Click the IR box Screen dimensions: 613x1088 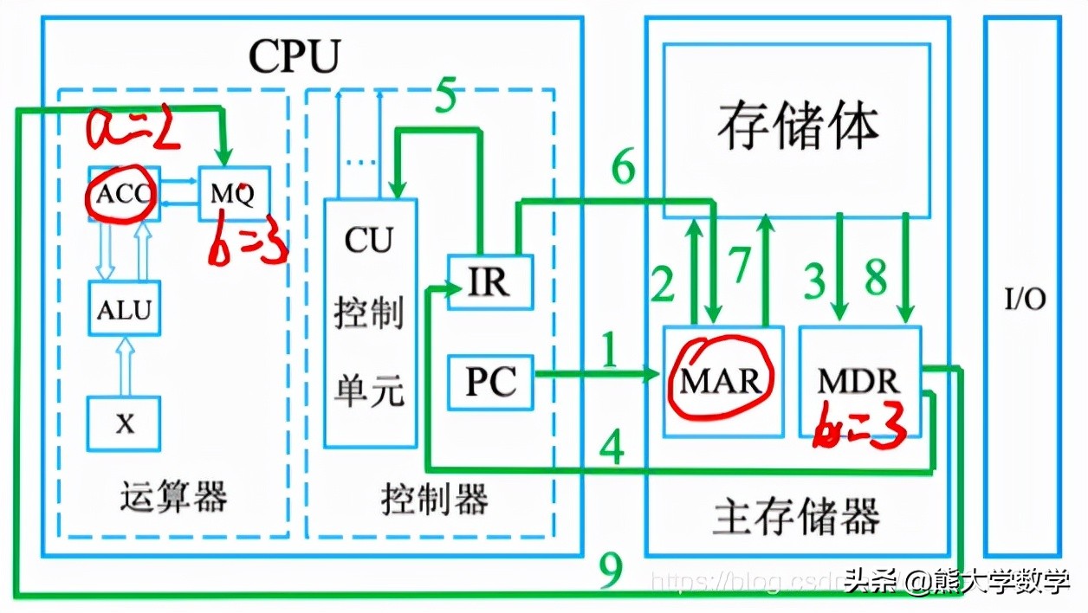click(489, 282)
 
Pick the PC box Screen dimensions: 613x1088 click(490, 380)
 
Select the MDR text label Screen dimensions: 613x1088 click(859, 380)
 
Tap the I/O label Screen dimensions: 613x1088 click(1025, 300)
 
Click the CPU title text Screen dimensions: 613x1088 click(294, 56)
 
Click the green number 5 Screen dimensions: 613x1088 click(445, 97)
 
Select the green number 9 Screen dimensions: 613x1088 click(611, 572)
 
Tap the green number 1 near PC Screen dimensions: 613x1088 click(612, 353)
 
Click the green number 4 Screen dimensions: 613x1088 click(612, 448)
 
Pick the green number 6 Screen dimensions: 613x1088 click(624, 168)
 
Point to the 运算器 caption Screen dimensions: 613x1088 click(173, 498)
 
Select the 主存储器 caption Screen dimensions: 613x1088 click(796, 516)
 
